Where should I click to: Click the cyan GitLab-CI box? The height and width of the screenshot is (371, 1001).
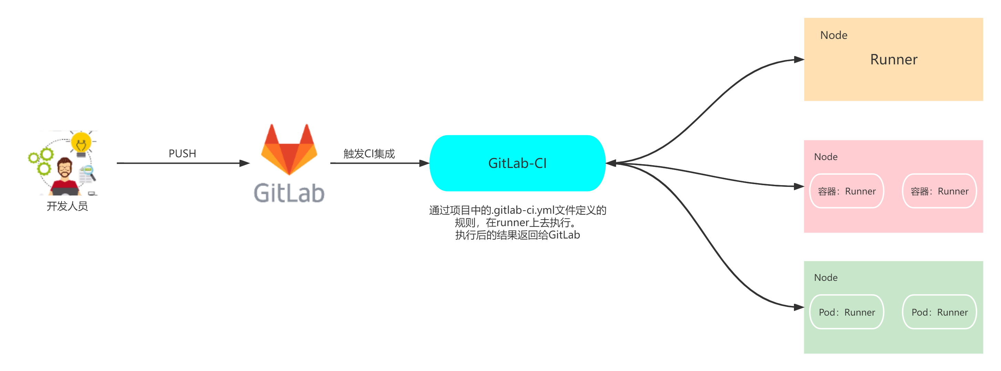(x=517, y=163)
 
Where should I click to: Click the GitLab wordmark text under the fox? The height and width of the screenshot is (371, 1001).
(x=289, y=193)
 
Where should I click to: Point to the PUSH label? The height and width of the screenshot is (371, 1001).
(x=182, y=154)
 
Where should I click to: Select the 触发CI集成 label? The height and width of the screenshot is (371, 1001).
(x=369, y=154)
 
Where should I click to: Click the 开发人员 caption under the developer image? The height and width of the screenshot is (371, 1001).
(x=67, y=206)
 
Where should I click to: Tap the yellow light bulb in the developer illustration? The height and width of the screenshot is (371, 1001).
(x=81, y=142)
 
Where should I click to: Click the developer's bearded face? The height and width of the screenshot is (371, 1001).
(x=65, y=169)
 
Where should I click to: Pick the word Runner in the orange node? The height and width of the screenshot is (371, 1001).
(x=893, y=60)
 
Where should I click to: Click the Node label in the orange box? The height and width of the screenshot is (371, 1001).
(x=834, y=35)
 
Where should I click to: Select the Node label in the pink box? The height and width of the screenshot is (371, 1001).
(x=826, y=157)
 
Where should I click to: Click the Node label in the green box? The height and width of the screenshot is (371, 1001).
(x=826, y=277)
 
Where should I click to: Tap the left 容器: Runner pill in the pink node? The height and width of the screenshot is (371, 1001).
(x=847, y=191)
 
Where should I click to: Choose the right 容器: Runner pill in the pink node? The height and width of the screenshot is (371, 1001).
(x=939, y=191)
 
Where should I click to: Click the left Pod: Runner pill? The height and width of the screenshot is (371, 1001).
(x=847, y=312)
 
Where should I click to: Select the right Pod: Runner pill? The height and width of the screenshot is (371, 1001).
(x=939, y=312)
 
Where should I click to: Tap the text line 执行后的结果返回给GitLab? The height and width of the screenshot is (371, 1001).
(x=517, y=235)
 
